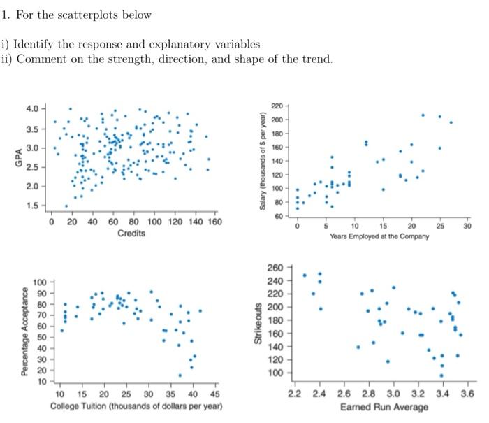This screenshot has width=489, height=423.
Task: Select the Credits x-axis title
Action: click(131, 234)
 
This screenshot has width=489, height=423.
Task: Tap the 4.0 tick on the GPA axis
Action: click(32, 109)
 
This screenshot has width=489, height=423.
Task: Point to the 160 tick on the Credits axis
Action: click(214, 222)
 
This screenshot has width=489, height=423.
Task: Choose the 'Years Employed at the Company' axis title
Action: click(379, 236)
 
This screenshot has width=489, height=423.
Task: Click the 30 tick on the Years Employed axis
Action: click(467, 227)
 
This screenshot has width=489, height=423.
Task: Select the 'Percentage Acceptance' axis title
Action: click(25, 332)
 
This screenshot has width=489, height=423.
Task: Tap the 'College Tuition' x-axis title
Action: click(137, 406)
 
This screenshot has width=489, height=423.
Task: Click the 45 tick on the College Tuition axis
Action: click(214, 394)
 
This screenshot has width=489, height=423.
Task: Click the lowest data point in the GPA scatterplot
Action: click(66, 206)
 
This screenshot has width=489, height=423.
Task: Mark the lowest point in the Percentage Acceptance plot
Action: click(180, 375)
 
